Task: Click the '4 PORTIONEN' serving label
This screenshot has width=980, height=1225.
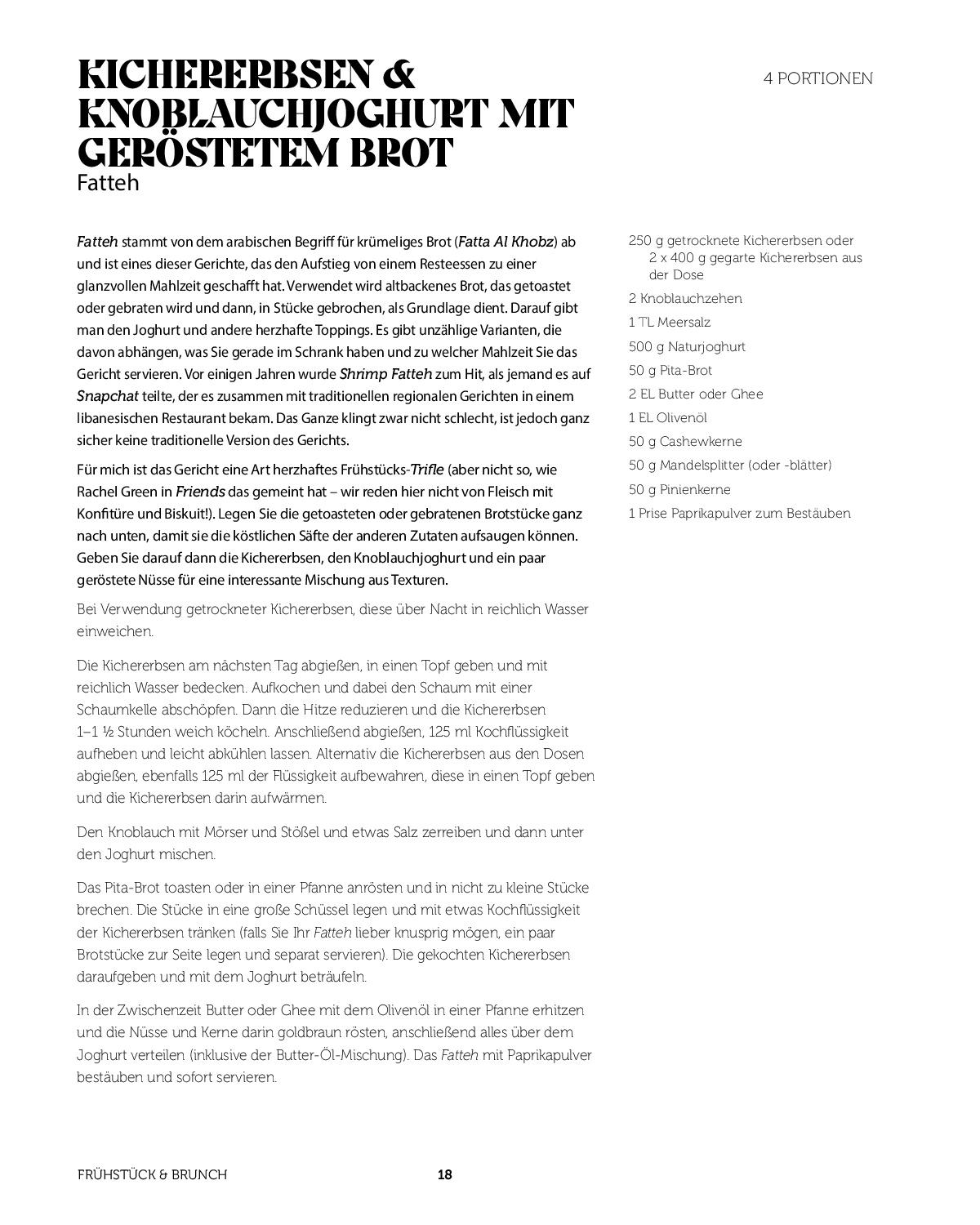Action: tap(817, 78)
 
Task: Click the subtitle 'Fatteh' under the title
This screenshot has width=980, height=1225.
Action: tap(108, 183)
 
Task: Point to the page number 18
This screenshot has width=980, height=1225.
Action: tap(444, 1174)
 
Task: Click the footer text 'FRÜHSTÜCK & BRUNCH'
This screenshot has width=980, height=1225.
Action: tap(152, 1174)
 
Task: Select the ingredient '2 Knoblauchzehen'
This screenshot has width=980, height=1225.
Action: tap(685, 299)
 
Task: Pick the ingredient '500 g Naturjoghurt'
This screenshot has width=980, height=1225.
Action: tap(687, 347)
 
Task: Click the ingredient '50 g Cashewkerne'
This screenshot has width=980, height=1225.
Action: tap(685, 442)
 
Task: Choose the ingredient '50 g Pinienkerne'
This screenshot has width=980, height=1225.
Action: tap(679, 490)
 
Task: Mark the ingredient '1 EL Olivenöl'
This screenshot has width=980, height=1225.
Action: tap(667, 418)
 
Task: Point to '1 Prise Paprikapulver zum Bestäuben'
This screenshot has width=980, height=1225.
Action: tap(739, 514)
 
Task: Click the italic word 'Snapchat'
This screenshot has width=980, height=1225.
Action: tap(107, 396)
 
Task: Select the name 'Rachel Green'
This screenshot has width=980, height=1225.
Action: tap(118, 492)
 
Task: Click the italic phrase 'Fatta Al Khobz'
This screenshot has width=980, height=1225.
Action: tap(506, 242)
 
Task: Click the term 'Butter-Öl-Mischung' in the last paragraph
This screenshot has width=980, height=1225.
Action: tap(359, 1055)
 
